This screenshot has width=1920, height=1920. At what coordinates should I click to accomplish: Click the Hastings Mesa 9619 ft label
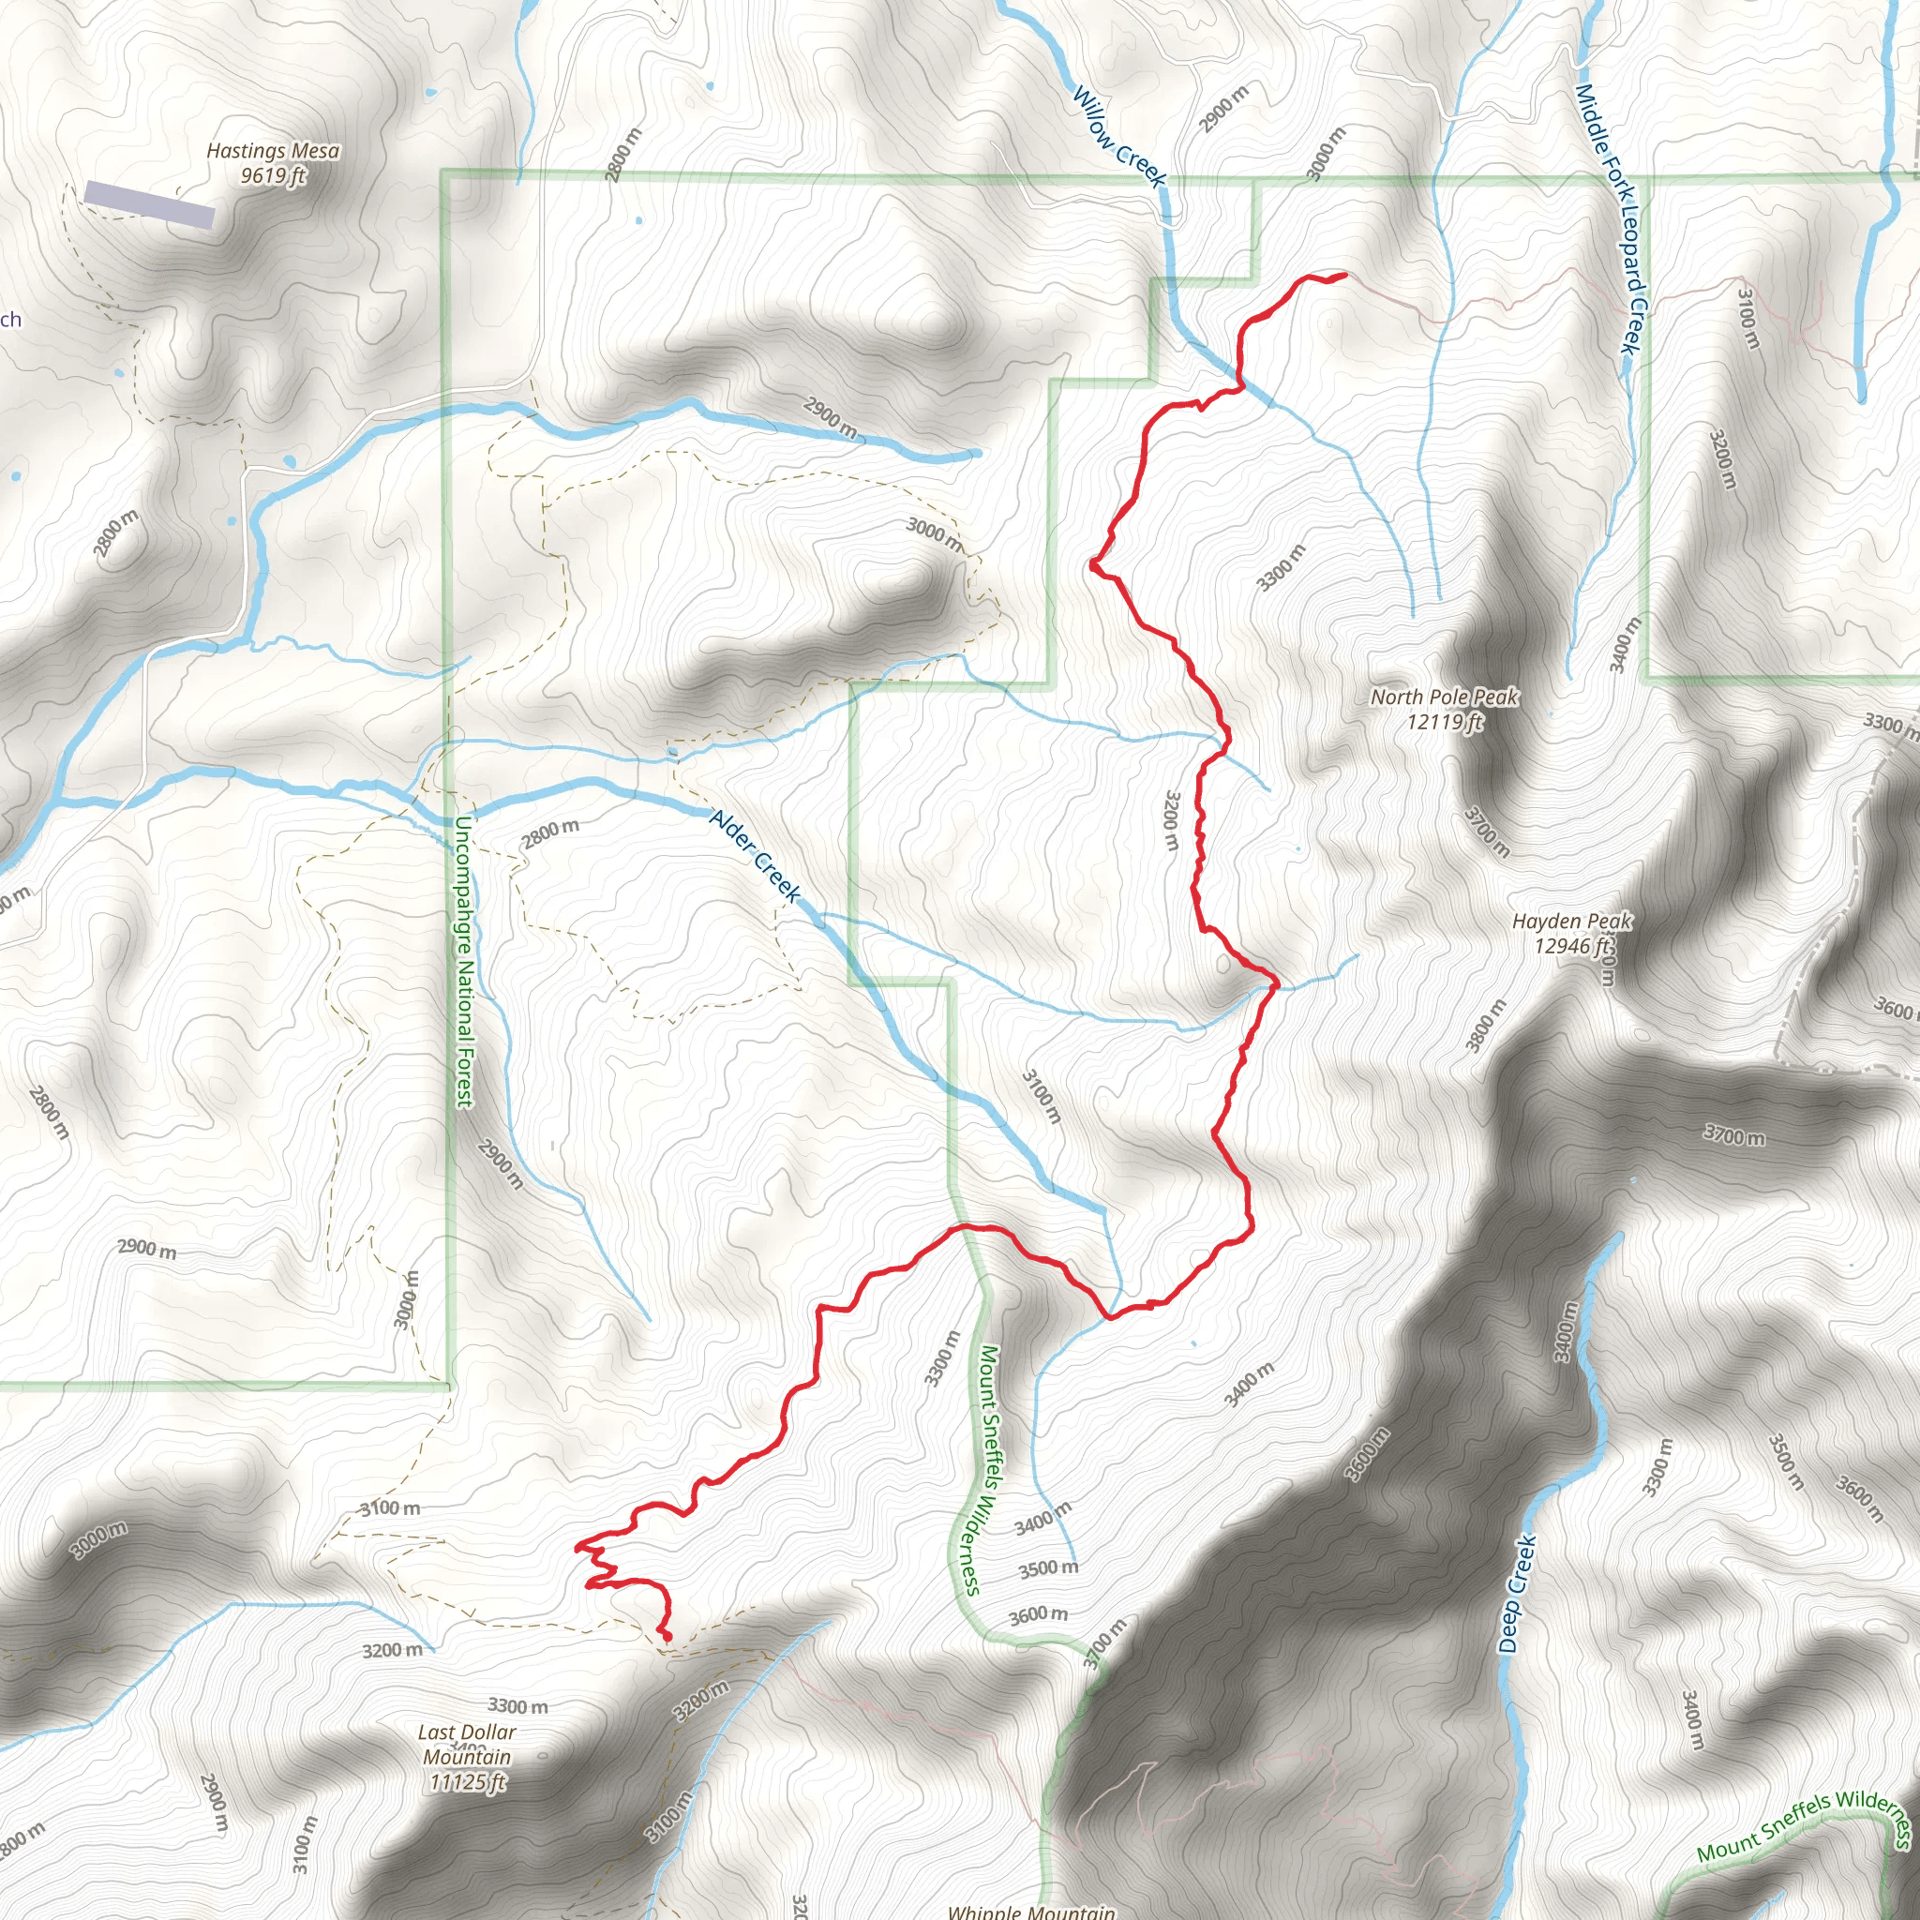pos(272,163)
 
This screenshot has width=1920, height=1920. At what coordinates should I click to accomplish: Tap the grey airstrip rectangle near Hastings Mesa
pos(149,204)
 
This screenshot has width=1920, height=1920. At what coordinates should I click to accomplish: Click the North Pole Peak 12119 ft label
pos(1444,709)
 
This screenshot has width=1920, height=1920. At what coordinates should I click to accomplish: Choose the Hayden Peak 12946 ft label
pos(1571,933)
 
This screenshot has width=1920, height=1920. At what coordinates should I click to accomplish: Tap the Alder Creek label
pos(756,856)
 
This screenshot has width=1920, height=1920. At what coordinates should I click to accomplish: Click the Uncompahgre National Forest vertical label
pos(463,962)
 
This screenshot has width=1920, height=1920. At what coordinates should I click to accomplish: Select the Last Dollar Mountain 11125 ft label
pos(467,1756)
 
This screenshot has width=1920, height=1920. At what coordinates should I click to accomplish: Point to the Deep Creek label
pos(1517,1595)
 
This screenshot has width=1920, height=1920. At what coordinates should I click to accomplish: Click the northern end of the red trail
pos(1344,275)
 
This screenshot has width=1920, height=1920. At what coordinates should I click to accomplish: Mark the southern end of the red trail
pos(667,1638)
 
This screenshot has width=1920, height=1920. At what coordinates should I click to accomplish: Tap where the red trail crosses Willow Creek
pos(1240,382)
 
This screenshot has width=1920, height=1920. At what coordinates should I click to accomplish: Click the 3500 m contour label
pos(1047,1568)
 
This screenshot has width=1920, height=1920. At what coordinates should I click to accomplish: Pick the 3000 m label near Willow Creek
pos(1327,155)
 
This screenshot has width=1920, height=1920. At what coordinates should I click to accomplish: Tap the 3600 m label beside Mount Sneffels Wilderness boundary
pos(1038,1615)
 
